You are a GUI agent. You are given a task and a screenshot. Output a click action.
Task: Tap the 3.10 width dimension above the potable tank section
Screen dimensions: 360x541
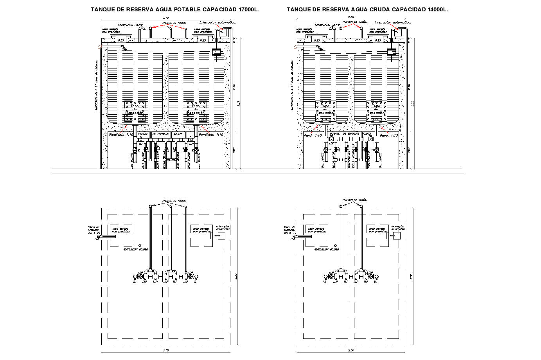pos(165,18)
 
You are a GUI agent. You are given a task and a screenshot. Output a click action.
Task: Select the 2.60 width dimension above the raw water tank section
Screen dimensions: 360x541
pos(350,17)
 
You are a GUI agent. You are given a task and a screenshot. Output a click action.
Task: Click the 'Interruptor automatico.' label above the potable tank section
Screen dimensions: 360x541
pos(217,23)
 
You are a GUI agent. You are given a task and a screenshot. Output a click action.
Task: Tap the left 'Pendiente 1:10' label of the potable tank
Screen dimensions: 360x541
pos(121,135)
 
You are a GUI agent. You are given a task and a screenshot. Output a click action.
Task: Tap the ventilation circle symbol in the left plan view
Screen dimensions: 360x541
pos(140,245)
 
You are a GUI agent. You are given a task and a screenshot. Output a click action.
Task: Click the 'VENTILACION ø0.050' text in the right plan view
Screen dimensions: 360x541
pos(326,249)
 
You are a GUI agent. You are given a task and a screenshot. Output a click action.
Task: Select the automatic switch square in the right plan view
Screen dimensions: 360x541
pos(397,236)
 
